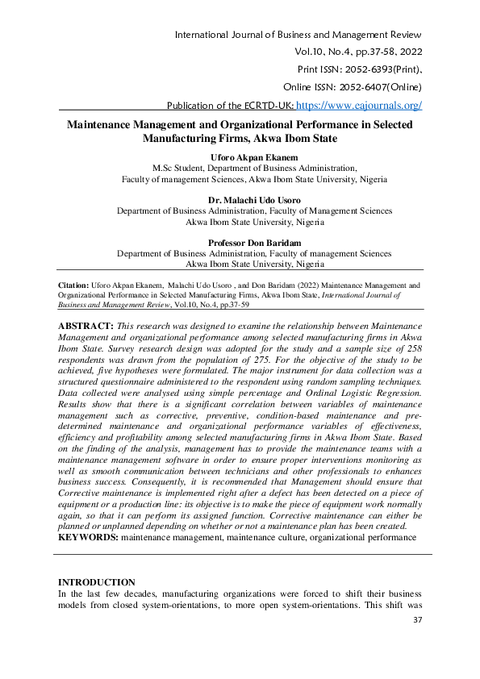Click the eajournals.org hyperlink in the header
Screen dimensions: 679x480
point(359,105)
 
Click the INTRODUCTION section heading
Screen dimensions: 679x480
point(98,582)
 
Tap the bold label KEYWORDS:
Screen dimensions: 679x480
point(88,536)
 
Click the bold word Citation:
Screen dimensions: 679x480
point(77,285)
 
